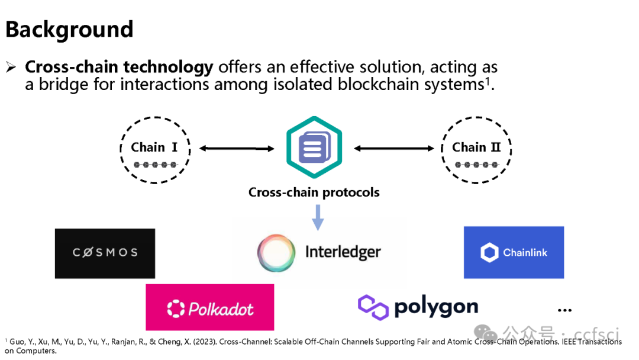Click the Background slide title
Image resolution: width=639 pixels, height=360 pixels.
tap(69, 29)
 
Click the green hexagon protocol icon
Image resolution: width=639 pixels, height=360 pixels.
tap(315, 147)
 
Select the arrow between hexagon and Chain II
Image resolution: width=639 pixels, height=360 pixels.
tap(394, 148)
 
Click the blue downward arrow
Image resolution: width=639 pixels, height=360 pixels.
tap(318, 217)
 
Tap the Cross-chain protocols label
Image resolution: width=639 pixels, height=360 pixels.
tap(314, 192)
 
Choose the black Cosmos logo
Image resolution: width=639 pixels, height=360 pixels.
tap(105, 253)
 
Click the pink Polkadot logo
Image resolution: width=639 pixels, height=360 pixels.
tap(209, 307)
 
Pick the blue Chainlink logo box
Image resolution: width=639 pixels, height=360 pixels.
tap(514, 252)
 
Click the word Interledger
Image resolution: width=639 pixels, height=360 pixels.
tap(343, 252)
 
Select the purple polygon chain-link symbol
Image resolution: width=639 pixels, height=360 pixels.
tap(373, 307)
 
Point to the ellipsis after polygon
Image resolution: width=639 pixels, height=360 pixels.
tap(564, 310)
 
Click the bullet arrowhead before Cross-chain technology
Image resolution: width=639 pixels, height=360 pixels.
tap(11, 67)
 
